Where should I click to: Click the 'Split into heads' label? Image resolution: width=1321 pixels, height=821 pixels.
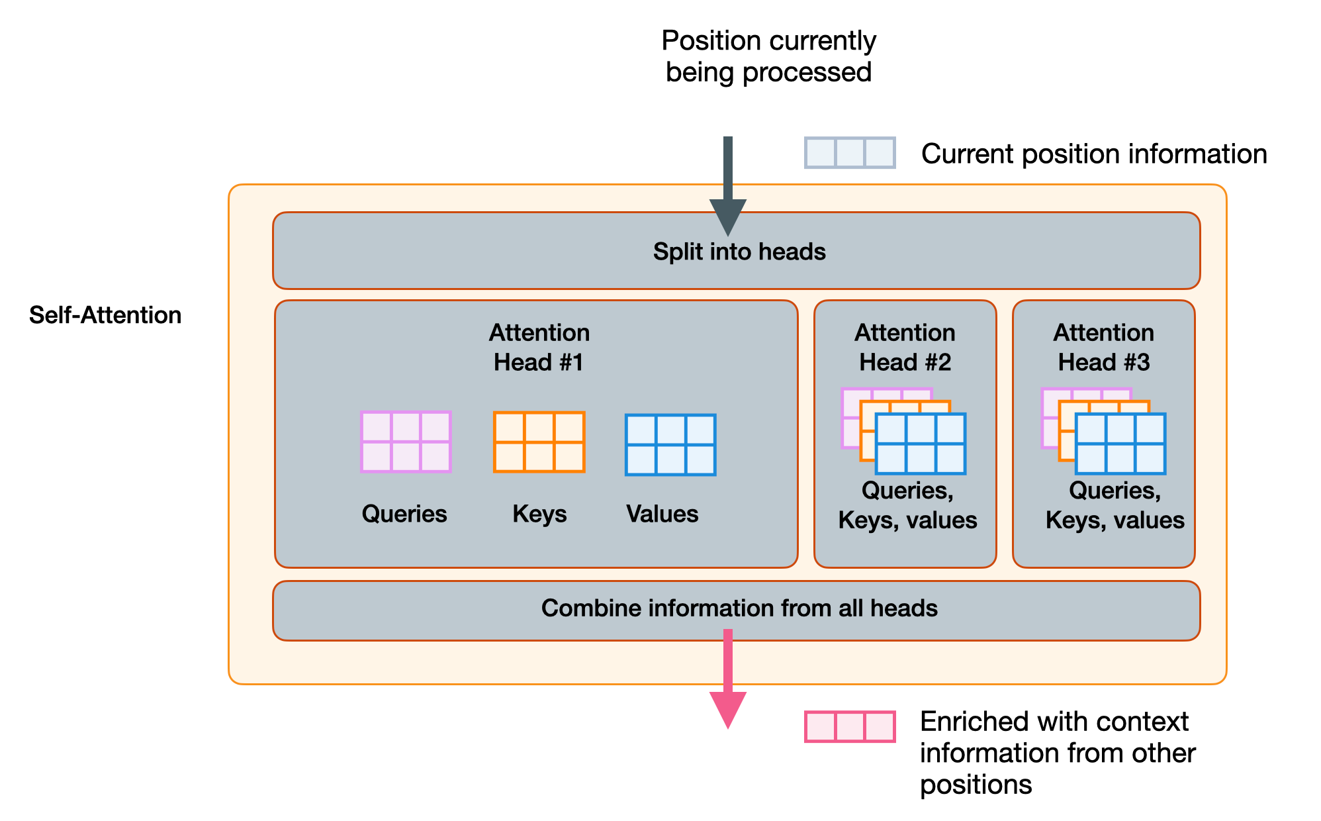click(739, 252)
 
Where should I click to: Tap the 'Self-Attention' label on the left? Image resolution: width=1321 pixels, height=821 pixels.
click(105, 315)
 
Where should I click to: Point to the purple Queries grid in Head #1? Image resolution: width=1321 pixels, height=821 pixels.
click(406, 442)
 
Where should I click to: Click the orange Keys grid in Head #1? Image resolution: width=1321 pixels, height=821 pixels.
click(539, 442)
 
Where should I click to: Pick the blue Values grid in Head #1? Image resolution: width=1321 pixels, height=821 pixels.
click(670, 445)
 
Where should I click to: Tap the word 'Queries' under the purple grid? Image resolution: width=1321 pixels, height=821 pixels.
click(404, 514)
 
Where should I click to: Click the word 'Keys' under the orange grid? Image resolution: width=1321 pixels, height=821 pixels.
click(539, 514)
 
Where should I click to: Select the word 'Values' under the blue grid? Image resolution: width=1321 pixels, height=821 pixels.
click(662, 514)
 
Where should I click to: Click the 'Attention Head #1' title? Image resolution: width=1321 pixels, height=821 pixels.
click(539, 347)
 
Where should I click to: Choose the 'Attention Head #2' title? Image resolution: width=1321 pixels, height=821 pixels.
click(905, 347)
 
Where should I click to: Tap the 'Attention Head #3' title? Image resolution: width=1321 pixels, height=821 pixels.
click(1103, 347)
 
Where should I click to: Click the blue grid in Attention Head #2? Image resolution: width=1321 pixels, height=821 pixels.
click(921, 444)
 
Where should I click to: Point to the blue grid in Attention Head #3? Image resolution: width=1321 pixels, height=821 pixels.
click(1120, 444)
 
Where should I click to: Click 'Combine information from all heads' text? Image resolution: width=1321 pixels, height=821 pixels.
click(739, 608)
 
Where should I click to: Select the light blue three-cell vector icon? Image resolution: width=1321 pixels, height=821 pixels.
click(850, 153)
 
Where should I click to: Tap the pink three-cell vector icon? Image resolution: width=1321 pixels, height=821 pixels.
click(850, 726)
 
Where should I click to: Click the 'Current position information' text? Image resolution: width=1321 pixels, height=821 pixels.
click(1093, 154)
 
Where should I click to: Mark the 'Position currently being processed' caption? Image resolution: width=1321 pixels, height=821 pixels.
click(768, 56)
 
